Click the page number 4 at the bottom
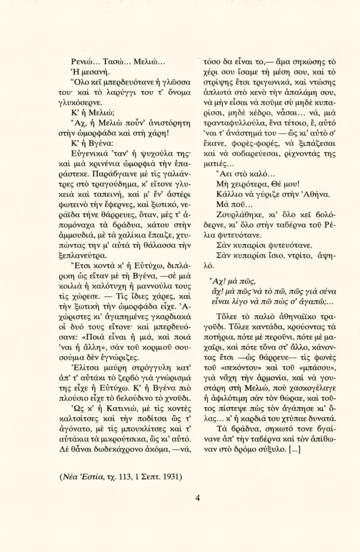click(197, 498)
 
